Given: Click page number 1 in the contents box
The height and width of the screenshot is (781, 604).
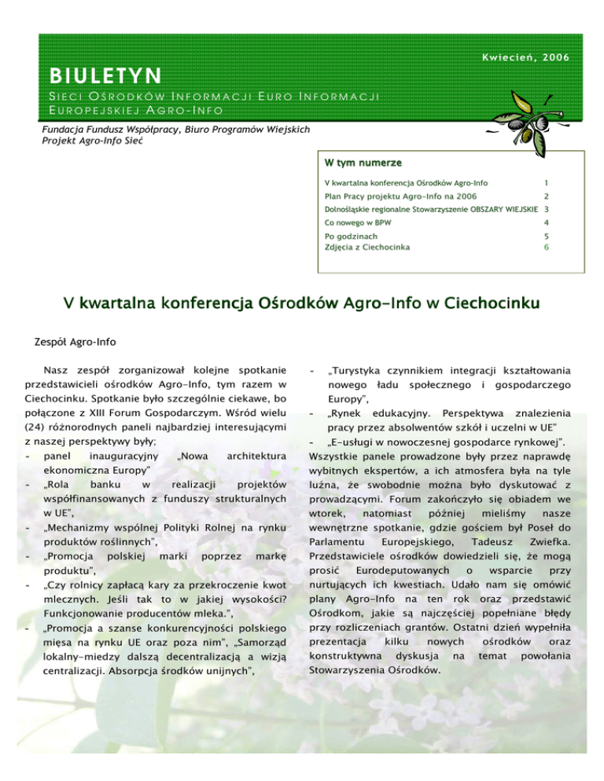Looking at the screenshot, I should click(x=545, y=182).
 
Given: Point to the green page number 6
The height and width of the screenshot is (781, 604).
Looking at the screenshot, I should click(x=545, y=246).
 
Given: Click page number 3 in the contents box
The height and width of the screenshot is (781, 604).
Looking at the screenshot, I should click(x=545, y=210).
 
